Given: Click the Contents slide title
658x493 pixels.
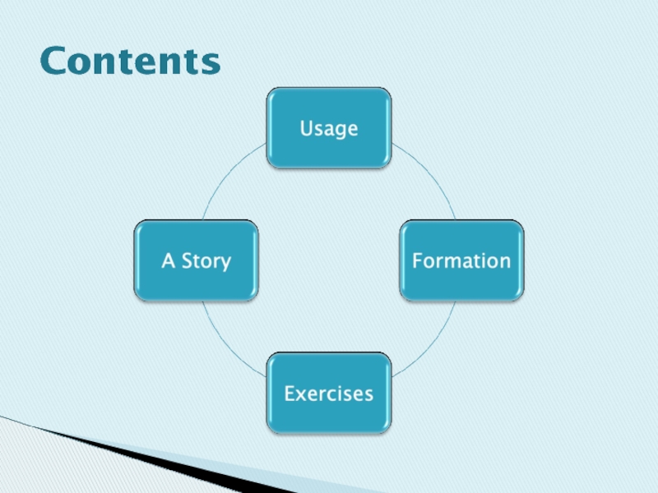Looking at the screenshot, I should [130, 61].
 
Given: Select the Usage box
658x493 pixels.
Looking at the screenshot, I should [329, 128].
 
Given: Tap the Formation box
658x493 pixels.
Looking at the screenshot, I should [461, 260].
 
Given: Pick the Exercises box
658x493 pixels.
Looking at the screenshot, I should [329, 393].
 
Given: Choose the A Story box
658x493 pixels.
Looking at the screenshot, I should [197, 260].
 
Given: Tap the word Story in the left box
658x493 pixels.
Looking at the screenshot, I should [206, 261].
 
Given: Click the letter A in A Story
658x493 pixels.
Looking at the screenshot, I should [169, 260].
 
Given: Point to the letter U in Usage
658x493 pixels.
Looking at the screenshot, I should [306, 128].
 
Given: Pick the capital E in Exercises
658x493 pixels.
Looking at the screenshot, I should [290, 393].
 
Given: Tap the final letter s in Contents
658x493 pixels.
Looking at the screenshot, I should [211, 63].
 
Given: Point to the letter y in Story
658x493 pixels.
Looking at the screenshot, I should [225, 264].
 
